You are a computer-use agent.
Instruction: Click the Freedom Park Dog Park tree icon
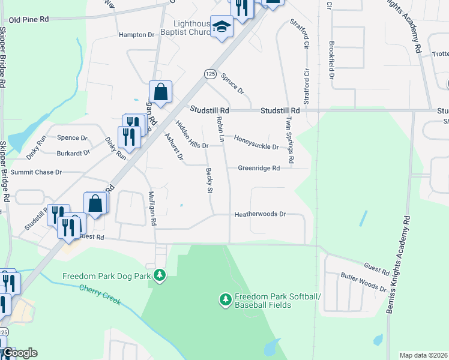(x=159, y=275)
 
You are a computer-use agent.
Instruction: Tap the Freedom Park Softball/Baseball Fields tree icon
(x=225, y=299)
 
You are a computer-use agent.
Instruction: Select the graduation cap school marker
(x=221, y=28)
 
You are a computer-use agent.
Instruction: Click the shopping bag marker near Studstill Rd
(x=160, y=92)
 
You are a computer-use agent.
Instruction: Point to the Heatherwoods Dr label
(x=260, y=214)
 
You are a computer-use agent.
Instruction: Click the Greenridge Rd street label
(x=259, y=169)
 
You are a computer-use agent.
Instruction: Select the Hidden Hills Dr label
(x=188, y=145)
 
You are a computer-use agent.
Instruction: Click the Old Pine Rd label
(x=29, y=20)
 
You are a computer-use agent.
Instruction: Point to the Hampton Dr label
(x=136, y=35)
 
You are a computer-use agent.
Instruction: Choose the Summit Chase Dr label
(x=36, y=172)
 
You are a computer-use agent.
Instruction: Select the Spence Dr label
(x=72, y=138)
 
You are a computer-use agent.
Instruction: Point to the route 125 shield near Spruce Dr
(x=209, y=73)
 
